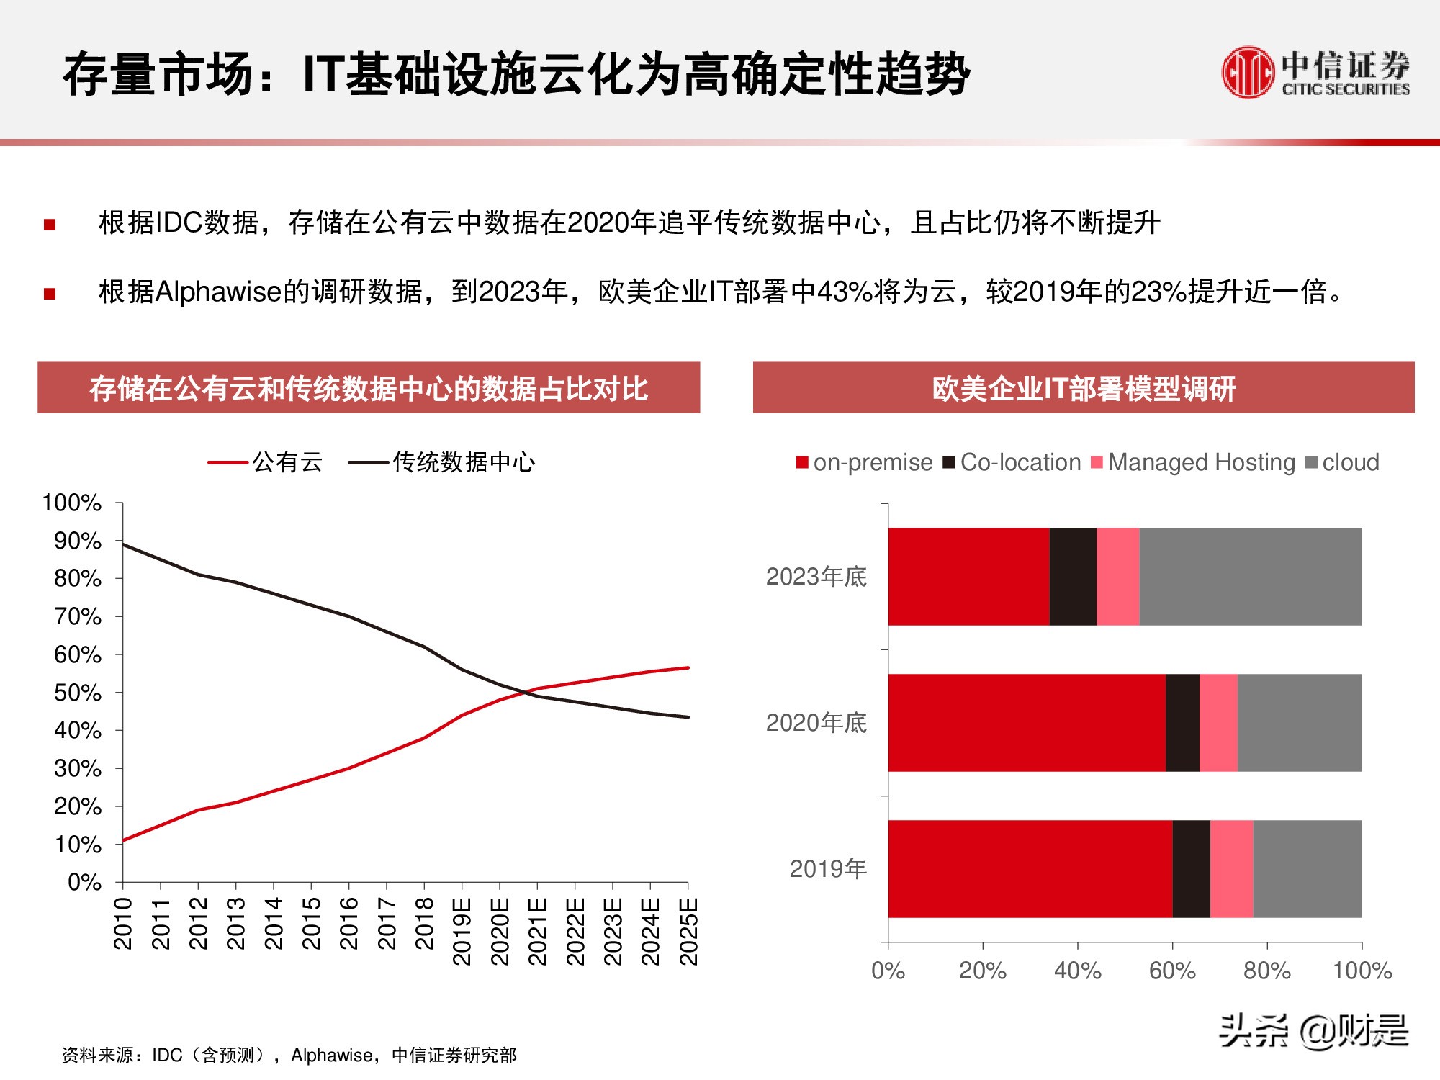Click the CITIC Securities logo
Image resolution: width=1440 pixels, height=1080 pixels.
tap(1315, 72)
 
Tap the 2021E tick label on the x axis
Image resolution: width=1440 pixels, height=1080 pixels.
tap(537, 931)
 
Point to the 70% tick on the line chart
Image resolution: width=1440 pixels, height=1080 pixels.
tap(78, 616)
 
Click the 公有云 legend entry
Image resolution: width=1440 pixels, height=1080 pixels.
tap(266, 462)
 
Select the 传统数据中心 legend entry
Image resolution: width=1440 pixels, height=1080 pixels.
tap(442, 462)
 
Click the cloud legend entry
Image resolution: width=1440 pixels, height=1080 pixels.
tap(1343, 462)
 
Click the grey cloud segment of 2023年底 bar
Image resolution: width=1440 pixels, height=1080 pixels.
tap(1251, 576)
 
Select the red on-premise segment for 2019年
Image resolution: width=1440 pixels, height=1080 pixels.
tap(1030, 868)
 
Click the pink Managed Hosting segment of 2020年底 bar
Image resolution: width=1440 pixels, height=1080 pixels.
tap(1218, 722)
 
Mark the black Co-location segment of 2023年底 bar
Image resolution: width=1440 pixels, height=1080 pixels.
tap(1073, 576)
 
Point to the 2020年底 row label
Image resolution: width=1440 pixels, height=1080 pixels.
tap(816, 722)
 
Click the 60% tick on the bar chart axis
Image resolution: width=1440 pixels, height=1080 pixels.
tap(1171, 971)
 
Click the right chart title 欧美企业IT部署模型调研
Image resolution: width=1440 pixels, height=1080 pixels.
tap(1084, 389)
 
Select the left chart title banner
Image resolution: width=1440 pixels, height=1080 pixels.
tap(369, 388)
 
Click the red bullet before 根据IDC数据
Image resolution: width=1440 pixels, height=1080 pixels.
tap(50, 225)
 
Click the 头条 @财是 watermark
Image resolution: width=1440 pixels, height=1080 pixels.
tap(1313, 1030)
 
